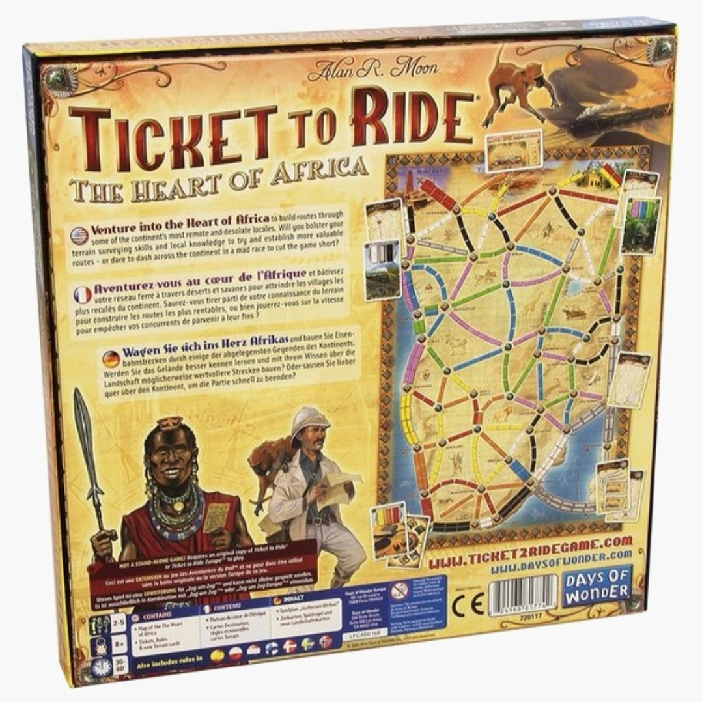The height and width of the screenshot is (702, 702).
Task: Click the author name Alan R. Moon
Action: tap(372, 67)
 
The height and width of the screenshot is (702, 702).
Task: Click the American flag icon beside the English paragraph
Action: tap(79, 235)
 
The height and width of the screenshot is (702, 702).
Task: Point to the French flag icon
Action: tap(83, 294)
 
